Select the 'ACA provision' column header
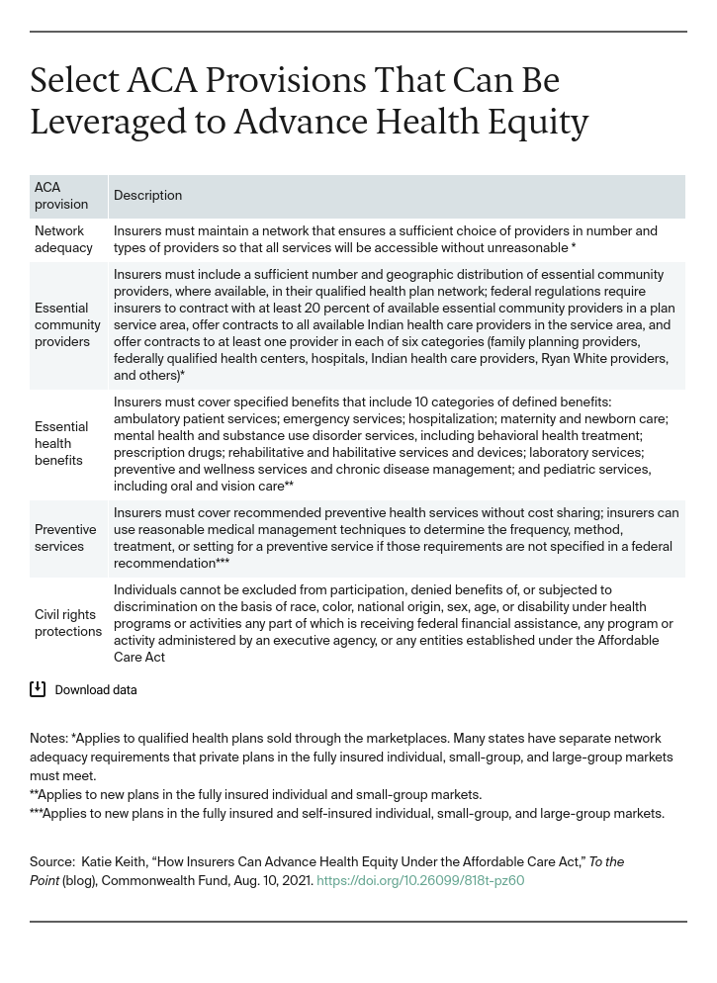(x=61, y=196)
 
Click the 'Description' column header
(x=147, y=196)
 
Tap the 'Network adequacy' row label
(x=63, y=239)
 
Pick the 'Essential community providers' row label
(x=67, y=324)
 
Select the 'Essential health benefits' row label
(x=61, y=443)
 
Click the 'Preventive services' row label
(x=65, y=538)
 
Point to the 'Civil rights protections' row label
(x=68, y=623)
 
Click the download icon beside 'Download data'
(x=38, y=689)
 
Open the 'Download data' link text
(x=96, y=690)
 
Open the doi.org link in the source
(x=420, y=880)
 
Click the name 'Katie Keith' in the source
(x=112, y=862)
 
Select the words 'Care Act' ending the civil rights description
(x=139, y=657)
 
